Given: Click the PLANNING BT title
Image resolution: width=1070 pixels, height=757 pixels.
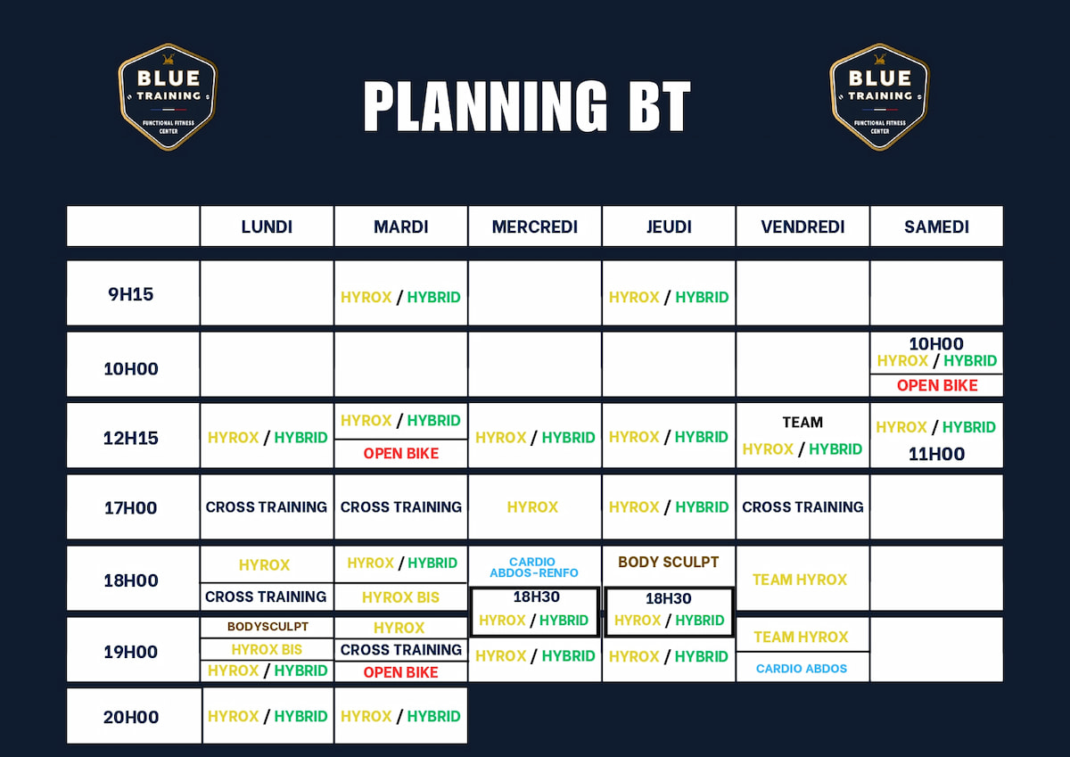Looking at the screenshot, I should point(527,107).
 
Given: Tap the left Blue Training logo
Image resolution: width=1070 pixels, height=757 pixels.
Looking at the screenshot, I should point(168,96).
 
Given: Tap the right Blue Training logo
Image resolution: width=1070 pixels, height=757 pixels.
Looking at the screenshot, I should point(879,96).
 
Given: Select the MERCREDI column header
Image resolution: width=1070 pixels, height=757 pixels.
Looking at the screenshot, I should point(535,226).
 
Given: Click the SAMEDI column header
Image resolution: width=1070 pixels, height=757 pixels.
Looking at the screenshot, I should point(936,226).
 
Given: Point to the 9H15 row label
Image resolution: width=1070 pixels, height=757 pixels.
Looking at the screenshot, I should point(131,294).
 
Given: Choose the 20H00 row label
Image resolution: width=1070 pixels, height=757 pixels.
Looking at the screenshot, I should point(131,716).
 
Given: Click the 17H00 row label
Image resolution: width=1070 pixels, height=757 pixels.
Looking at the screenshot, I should point(131,507).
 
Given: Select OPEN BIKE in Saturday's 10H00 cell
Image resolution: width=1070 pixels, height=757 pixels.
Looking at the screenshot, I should point(937,385).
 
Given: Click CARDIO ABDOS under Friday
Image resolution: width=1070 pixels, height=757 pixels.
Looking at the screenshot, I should point(802,669).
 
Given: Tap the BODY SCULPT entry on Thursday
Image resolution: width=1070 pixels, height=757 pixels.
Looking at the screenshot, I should point(668,563).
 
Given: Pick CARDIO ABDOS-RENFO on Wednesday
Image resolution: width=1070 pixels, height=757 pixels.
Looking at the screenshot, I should point(534,567).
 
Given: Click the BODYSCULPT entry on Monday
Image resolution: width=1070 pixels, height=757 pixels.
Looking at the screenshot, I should point(267,627).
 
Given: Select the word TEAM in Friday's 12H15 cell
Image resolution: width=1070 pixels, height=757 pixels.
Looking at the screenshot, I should point(802,423).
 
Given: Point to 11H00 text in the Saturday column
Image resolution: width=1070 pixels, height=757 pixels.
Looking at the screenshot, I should point(936,454).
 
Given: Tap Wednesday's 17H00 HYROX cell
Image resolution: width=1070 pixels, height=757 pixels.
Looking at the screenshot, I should point(532,506).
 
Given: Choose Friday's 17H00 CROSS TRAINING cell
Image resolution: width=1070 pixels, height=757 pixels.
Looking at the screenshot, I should point(802,506).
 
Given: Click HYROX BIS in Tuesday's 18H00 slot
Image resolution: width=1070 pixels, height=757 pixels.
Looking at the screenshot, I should point(400,597).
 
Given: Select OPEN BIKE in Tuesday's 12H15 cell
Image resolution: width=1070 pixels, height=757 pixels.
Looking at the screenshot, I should point(401,454).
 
